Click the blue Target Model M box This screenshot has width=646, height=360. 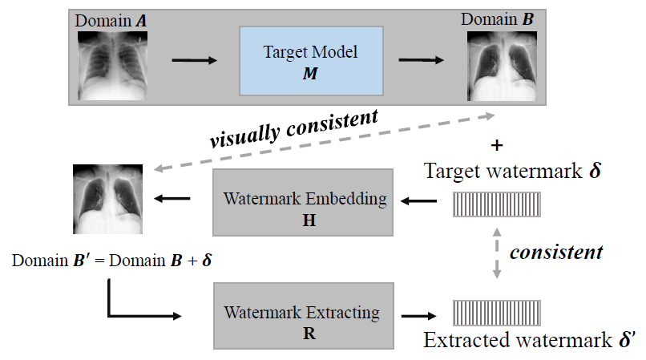click(310, 61)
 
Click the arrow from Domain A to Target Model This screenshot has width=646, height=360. click(192, 60)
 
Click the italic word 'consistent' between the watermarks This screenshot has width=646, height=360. click(556, 252)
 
